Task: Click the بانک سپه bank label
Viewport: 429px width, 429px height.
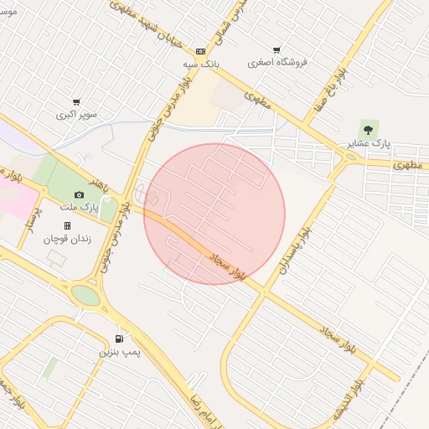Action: tap(200, 63)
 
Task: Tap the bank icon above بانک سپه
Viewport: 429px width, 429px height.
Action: tap(200, 50)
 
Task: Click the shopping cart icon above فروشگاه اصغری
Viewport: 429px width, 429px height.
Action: tap(277, 49)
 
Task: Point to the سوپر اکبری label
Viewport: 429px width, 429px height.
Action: tap(76, 114)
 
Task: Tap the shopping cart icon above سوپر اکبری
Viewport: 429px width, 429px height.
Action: tap(76, 101)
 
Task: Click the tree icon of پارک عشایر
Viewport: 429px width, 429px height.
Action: tap(367, 128)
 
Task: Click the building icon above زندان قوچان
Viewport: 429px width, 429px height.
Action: tap(67, 225)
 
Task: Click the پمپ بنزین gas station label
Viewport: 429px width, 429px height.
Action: tap(117, 352)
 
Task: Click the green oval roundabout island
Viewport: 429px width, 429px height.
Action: tap(85, 295)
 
